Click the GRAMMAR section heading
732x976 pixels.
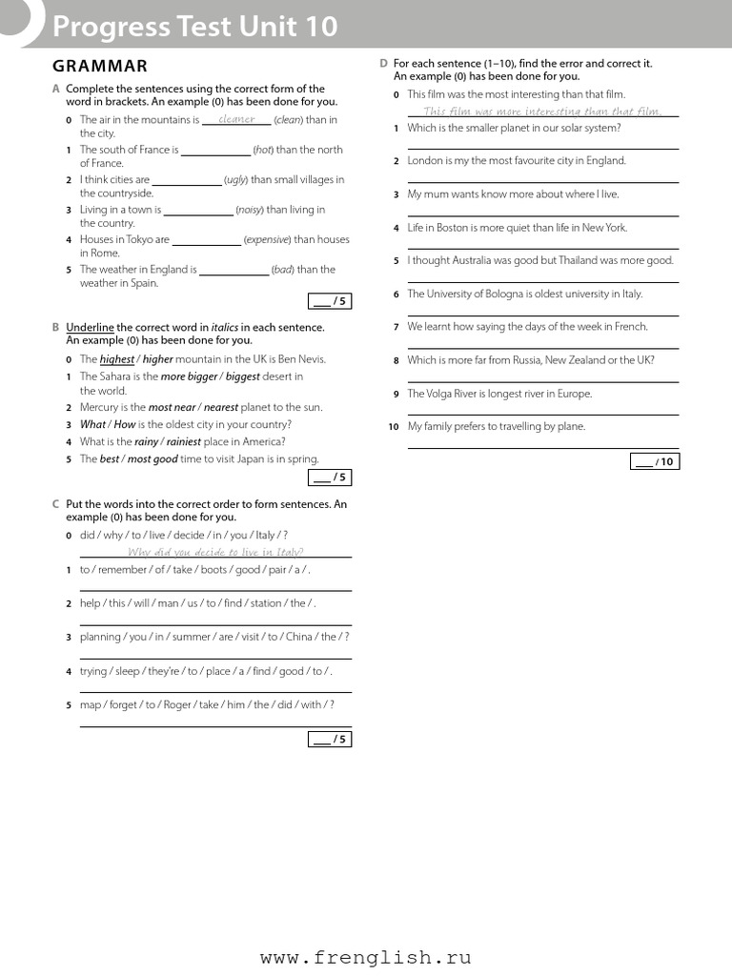[100, 66]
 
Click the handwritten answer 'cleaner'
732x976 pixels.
[236, 119]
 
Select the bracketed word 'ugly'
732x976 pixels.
[235, 179]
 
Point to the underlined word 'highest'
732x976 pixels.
[117, 359]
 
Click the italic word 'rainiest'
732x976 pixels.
[183, 441]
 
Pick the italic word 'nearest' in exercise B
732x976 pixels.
[221, 407]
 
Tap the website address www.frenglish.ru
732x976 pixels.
[365, 958]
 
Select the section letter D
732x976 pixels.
[383, 63]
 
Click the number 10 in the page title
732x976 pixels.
[320, 27]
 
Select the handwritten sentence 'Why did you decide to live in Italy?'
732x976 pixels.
[215, 552]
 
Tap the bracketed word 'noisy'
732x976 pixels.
[250, 210]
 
